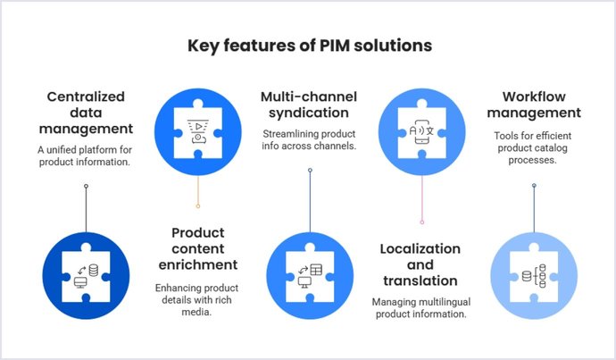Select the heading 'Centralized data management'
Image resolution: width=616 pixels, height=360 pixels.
click(x=87, y=113)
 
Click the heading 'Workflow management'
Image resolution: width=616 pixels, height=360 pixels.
click(x=533, y=105)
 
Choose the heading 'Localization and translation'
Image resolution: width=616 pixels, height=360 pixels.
click(x=420, y=264)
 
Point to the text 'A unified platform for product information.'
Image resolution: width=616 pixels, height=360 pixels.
click(x=87, y=155)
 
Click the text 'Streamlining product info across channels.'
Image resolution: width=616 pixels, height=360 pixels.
click(x=310, y=140)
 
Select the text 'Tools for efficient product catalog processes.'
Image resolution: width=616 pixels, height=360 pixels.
click(x=533, y=148)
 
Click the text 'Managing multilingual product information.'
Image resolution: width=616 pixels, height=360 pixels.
click(x=420, y=306)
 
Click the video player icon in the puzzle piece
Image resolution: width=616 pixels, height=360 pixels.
click(x=197, y=130)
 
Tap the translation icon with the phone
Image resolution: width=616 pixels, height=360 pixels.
click(x=420, y=130)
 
